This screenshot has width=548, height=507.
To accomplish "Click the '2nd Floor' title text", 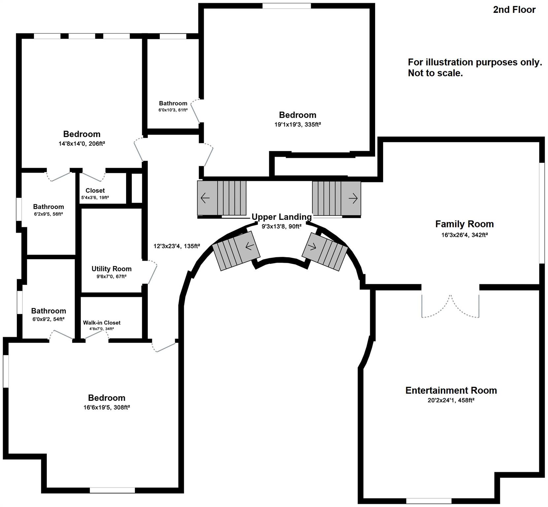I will coord(514,10).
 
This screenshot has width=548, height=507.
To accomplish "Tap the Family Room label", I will coord(464,224).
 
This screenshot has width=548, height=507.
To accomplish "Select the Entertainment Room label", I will coord(451,390).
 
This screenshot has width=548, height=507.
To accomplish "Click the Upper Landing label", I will coord(281,217).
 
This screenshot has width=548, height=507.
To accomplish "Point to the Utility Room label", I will coord(112,269).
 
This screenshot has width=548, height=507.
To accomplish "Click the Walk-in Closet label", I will coord(102,322).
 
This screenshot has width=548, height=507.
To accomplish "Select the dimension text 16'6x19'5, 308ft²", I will coord(107,407).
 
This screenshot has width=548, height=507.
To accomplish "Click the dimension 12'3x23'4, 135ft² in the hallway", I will coord(177,246).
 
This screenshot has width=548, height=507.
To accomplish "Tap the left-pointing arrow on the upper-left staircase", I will coord(205,198).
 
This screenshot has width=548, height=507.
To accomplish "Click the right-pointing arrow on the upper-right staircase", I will coord(353,198).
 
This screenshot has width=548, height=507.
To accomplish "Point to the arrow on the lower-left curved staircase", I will coord(250,246).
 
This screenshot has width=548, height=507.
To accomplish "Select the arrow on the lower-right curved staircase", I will coord(312,247).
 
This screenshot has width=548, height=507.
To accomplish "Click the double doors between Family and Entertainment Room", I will coord(450,305).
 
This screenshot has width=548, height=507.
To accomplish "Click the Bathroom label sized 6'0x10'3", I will coord(173,103).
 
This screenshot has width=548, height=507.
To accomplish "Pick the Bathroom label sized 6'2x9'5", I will coord(48,207).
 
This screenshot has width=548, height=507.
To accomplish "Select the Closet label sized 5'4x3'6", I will coord(95,190).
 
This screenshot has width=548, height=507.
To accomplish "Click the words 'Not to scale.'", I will coord(435,73).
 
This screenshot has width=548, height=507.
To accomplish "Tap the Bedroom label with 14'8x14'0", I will coord(82,134).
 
